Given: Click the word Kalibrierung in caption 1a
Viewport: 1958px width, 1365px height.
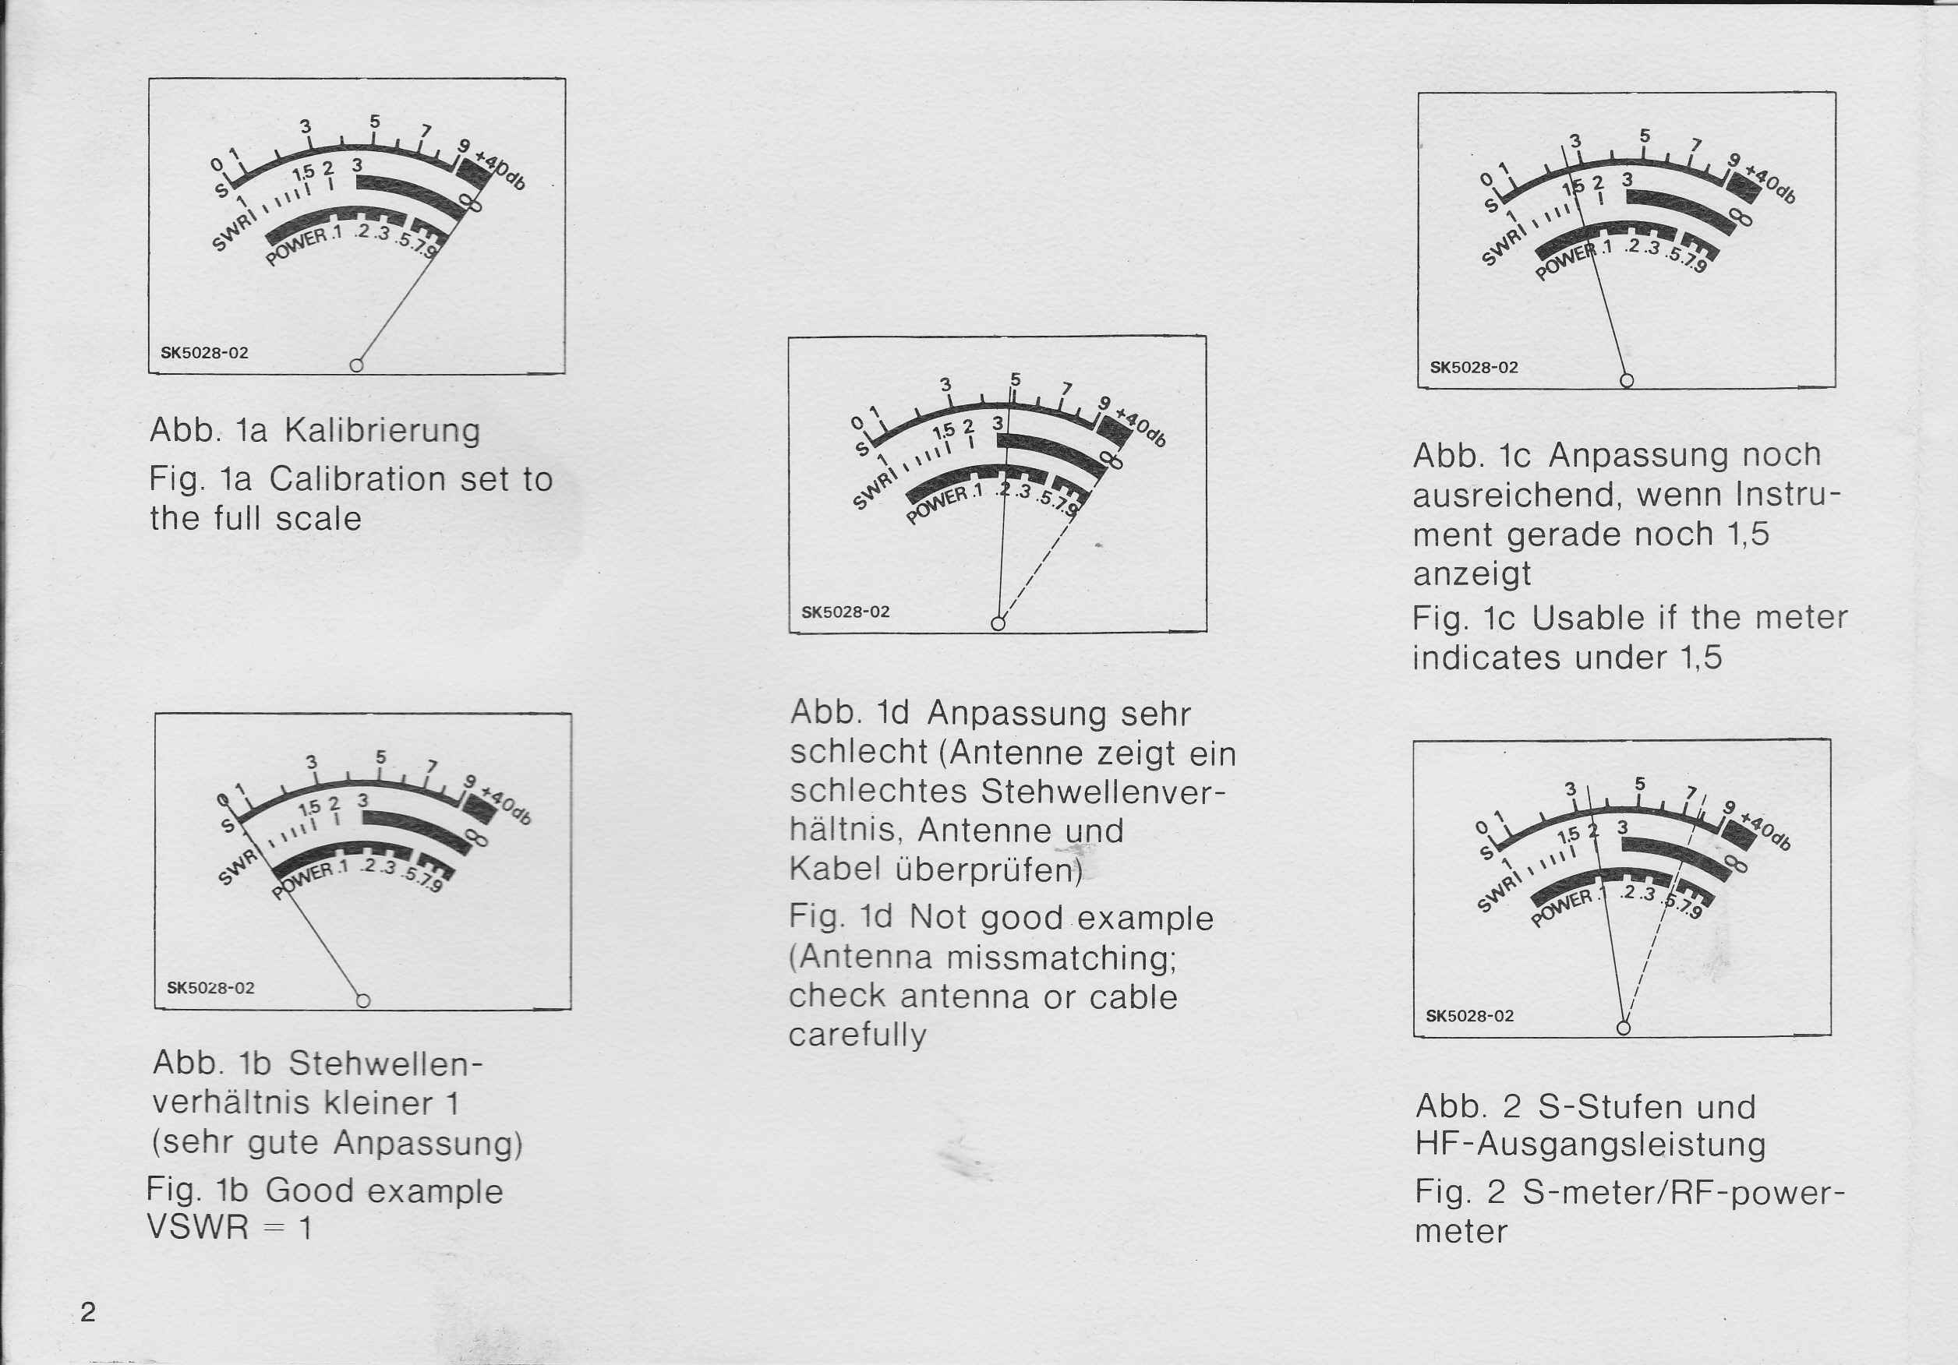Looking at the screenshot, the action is coord(382,431).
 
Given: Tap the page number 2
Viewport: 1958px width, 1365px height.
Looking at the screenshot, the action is coord(88,1311).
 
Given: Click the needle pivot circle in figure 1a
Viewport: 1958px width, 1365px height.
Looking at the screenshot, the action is coord(356,365).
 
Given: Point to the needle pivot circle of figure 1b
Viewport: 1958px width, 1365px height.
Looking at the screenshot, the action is coord(362,1000).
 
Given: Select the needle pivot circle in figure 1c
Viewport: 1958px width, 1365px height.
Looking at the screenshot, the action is coord(1626,379).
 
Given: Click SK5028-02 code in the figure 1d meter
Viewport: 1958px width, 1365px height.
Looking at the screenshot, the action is coord(845,612).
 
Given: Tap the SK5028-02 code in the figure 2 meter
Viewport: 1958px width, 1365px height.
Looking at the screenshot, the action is coord(1470,1015).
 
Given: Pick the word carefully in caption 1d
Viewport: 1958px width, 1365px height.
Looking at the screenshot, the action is coord(857,1035).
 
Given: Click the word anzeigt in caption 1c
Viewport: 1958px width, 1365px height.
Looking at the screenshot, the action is coord(1472,575).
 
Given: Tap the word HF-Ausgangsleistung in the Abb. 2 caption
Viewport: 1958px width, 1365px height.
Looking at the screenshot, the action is coord(1590,1145).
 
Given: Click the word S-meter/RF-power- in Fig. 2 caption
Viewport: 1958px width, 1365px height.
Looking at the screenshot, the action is coord(1684,1192).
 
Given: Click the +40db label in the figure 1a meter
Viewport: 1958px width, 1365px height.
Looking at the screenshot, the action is coord(500,171).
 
